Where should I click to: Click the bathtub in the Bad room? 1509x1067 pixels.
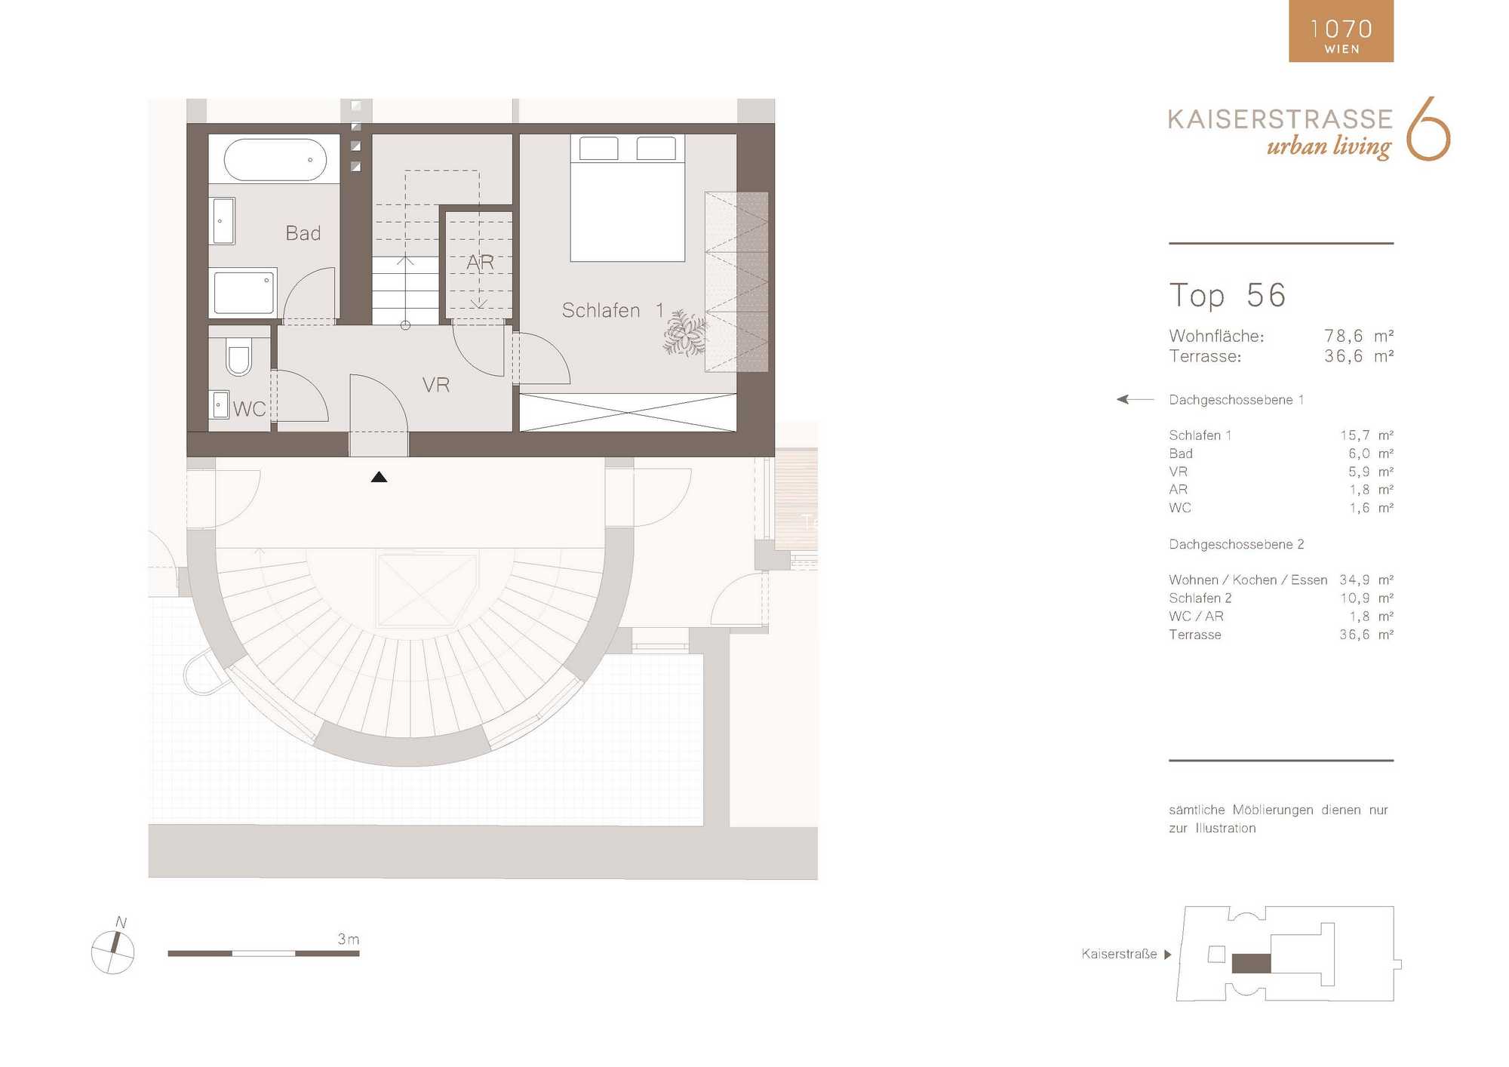(275, 159)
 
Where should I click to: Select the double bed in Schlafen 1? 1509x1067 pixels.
(627, 198)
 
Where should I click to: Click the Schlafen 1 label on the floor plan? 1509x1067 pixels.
(613, 310)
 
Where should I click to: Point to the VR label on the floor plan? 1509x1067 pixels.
(436, 385)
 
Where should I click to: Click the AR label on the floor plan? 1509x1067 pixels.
(480, 263)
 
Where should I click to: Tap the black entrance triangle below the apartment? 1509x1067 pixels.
(379, 477)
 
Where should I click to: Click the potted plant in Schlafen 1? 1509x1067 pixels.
(685, 332)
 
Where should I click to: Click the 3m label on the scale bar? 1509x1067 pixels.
(349, 939)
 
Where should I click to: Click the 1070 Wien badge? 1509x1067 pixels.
(1341, 31)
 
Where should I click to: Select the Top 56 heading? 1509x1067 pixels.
(1228, 295)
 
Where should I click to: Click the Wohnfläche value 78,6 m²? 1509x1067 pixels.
(1359, 336)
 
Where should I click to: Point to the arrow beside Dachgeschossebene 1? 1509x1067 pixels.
(1135, 399)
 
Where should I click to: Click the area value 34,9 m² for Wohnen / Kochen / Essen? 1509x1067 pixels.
(1366, 580)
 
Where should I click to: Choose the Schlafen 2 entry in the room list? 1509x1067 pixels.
(1200, 598)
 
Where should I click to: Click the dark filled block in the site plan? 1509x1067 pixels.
(1251, 964)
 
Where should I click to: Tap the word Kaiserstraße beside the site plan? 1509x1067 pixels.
(1119, 954)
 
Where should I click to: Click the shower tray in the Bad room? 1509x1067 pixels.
(244, 293)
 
